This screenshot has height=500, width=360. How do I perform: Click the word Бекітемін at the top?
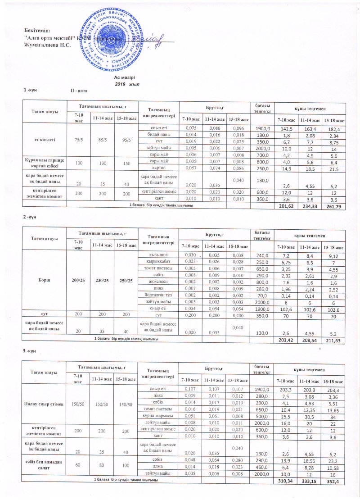(37, 30)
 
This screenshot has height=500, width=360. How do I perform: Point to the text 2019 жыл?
(127, 84)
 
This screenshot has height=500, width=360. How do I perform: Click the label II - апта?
(79, 91)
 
